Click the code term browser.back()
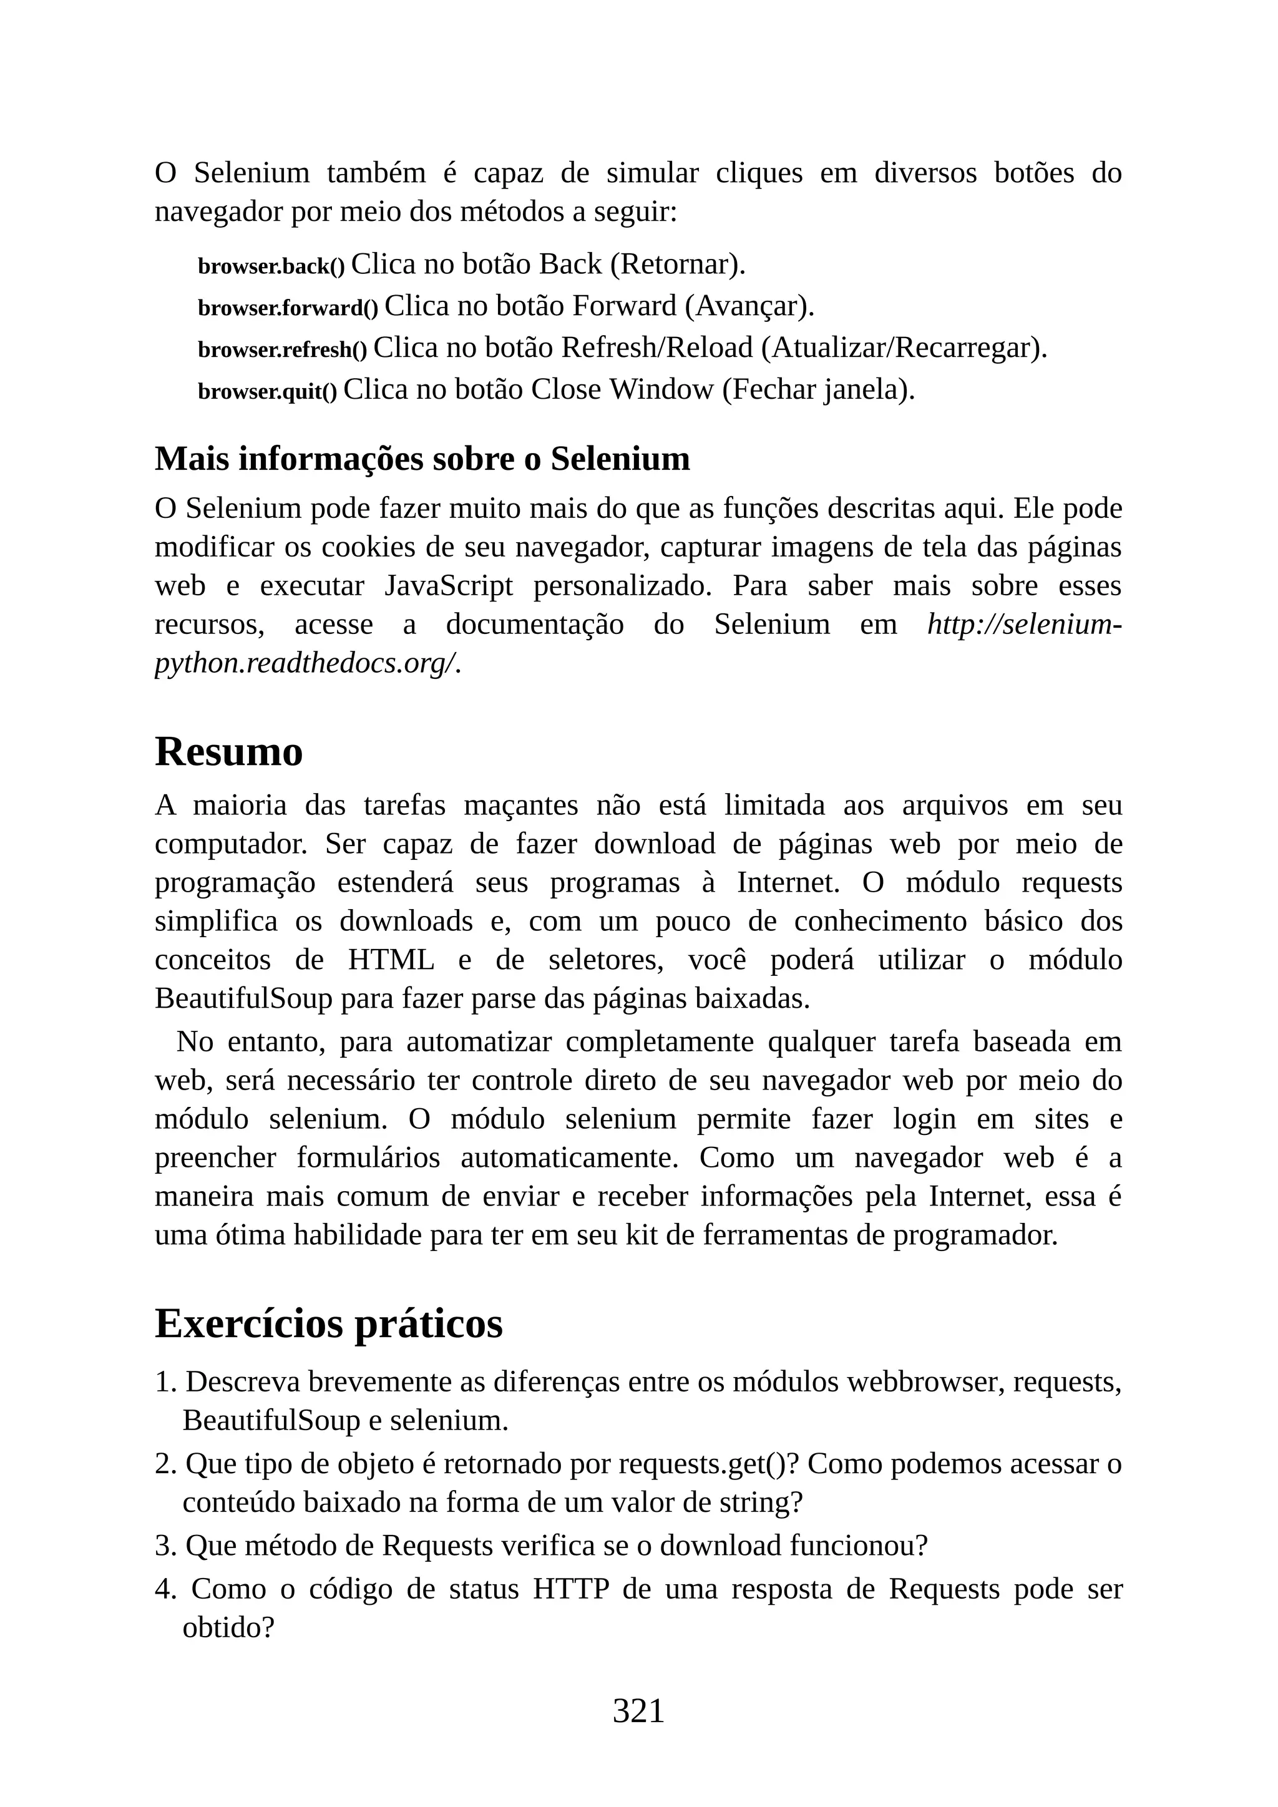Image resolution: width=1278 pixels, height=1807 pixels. pos(271,267)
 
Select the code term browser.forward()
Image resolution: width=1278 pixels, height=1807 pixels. pos(287,308)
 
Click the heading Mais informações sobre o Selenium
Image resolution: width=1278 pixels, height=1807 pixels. pos(422,459)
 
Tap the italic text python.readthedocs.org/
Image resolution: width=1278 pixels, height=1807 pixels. pos(307,663)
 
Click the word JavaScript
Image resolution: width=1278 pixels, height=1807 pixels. pos(449,587)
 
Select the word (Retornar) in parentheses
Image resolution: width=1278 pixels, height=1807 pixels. pos(677,265)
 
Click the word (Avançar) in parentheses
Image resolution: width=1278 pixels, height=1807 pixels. pos(748,306)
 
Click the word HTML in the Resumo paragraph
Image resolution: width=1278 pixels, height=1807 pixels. pos(391,960)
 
